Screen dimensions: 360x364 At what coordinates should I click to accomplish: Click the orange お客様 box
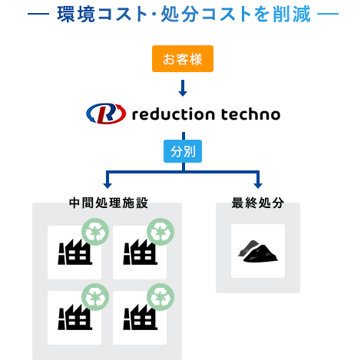click(x=182, y=59)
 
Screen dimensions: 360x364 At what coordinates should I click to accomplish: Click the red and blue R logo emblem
click(x=105, y=114)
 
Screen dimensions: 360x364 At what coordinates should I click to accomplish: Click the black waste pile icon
click(x=258, y=252)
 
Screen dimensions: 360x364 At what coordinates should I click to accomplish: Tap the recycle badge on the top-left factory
click(x=95, y=231)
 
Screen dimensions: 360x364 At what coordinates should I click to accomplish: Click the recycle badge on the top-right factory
click(x=160, y=231)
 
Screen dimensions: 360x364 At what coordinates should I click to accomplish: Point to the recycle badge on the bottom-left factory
click(x=95, y=296)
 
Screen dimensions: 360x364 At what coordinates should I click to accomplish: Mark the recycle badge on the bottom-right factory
click(x=160, y=296)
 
